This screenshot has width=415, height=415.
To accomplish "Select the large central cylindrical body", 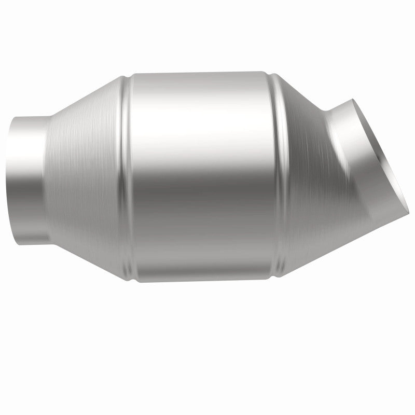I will point(202,176).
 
